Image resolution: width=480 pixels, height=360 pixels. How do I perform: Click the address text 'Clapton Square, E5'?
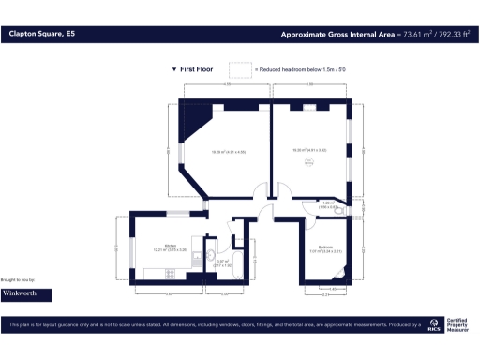point(41,34)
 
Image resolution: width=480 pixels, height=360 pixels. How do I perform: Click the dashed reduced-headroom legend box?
point(241,70)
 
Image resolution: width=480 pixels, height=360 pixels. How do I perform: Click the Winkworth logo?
point(25,293)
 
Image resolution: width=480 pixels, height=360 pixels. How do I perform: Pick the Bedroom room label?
point(326,247)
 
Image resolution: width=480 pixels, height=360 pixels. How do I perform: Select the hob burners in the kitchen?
point(171,273)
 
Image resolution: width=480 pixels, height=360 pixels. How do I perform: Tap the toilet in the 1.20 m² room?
point(339,211)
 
